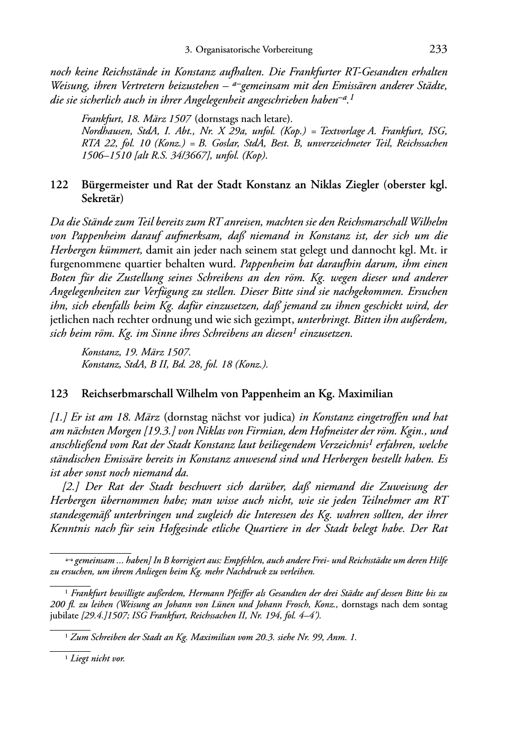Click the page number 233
(438, 50)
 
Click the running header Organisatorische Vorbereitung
(254, 50)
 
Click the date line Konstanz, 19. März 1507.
(136, 352)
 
